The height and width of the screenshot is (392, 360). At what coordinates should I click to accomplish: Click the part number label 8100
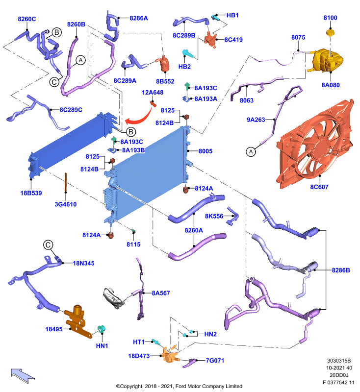[330, 18]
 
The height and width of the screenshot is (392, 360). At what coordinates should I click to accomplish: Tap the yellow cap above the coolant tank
[330, 32]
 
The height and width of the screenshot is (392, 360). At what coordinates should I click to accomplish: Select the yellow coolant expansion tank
[327, 61]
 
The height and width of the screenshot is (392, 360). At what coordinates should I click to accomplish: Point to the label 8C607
[319, 187]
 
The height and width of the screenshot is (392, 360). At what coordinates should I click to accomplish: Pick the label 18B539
[31, 193]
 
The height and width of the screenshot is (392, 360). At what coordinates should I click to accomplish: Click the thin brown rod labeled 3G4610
[66, 182]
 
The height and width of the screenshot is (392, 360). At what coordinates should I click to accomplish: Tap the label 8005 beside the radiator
[206, 151]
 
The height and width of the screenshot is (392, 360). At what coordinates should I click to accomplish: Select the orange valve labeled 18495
[78, 321]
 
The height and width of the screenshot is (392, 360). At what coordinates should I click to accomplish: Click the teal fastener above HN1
[102, 329]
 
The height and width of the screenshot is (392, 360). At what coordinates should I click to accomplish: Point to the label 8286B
[341, 270]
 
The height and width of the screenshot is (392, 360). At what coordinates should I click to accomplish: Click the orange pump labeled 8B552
[164, 64]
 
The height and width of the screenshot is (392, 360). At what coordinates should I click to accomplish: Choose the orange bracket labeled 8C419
[210, 40]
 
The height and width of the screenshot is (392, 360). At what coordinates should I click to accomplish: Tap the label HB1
[232, 15]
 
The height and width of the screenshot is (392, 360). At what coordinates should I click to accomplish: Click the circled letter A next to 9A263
[251, 151]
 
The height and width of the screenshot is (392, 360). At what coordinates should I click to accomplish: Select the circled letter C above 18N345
[48, 245]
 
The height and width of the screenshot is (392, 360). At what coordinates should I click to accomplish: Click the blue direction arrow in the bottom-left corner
[23, 375]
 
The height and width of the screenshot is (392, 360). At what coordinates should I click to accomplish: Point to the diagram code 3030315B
[339, 361]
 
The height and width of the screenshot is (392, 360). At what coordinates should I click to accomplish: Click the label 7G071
[215, 361]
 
